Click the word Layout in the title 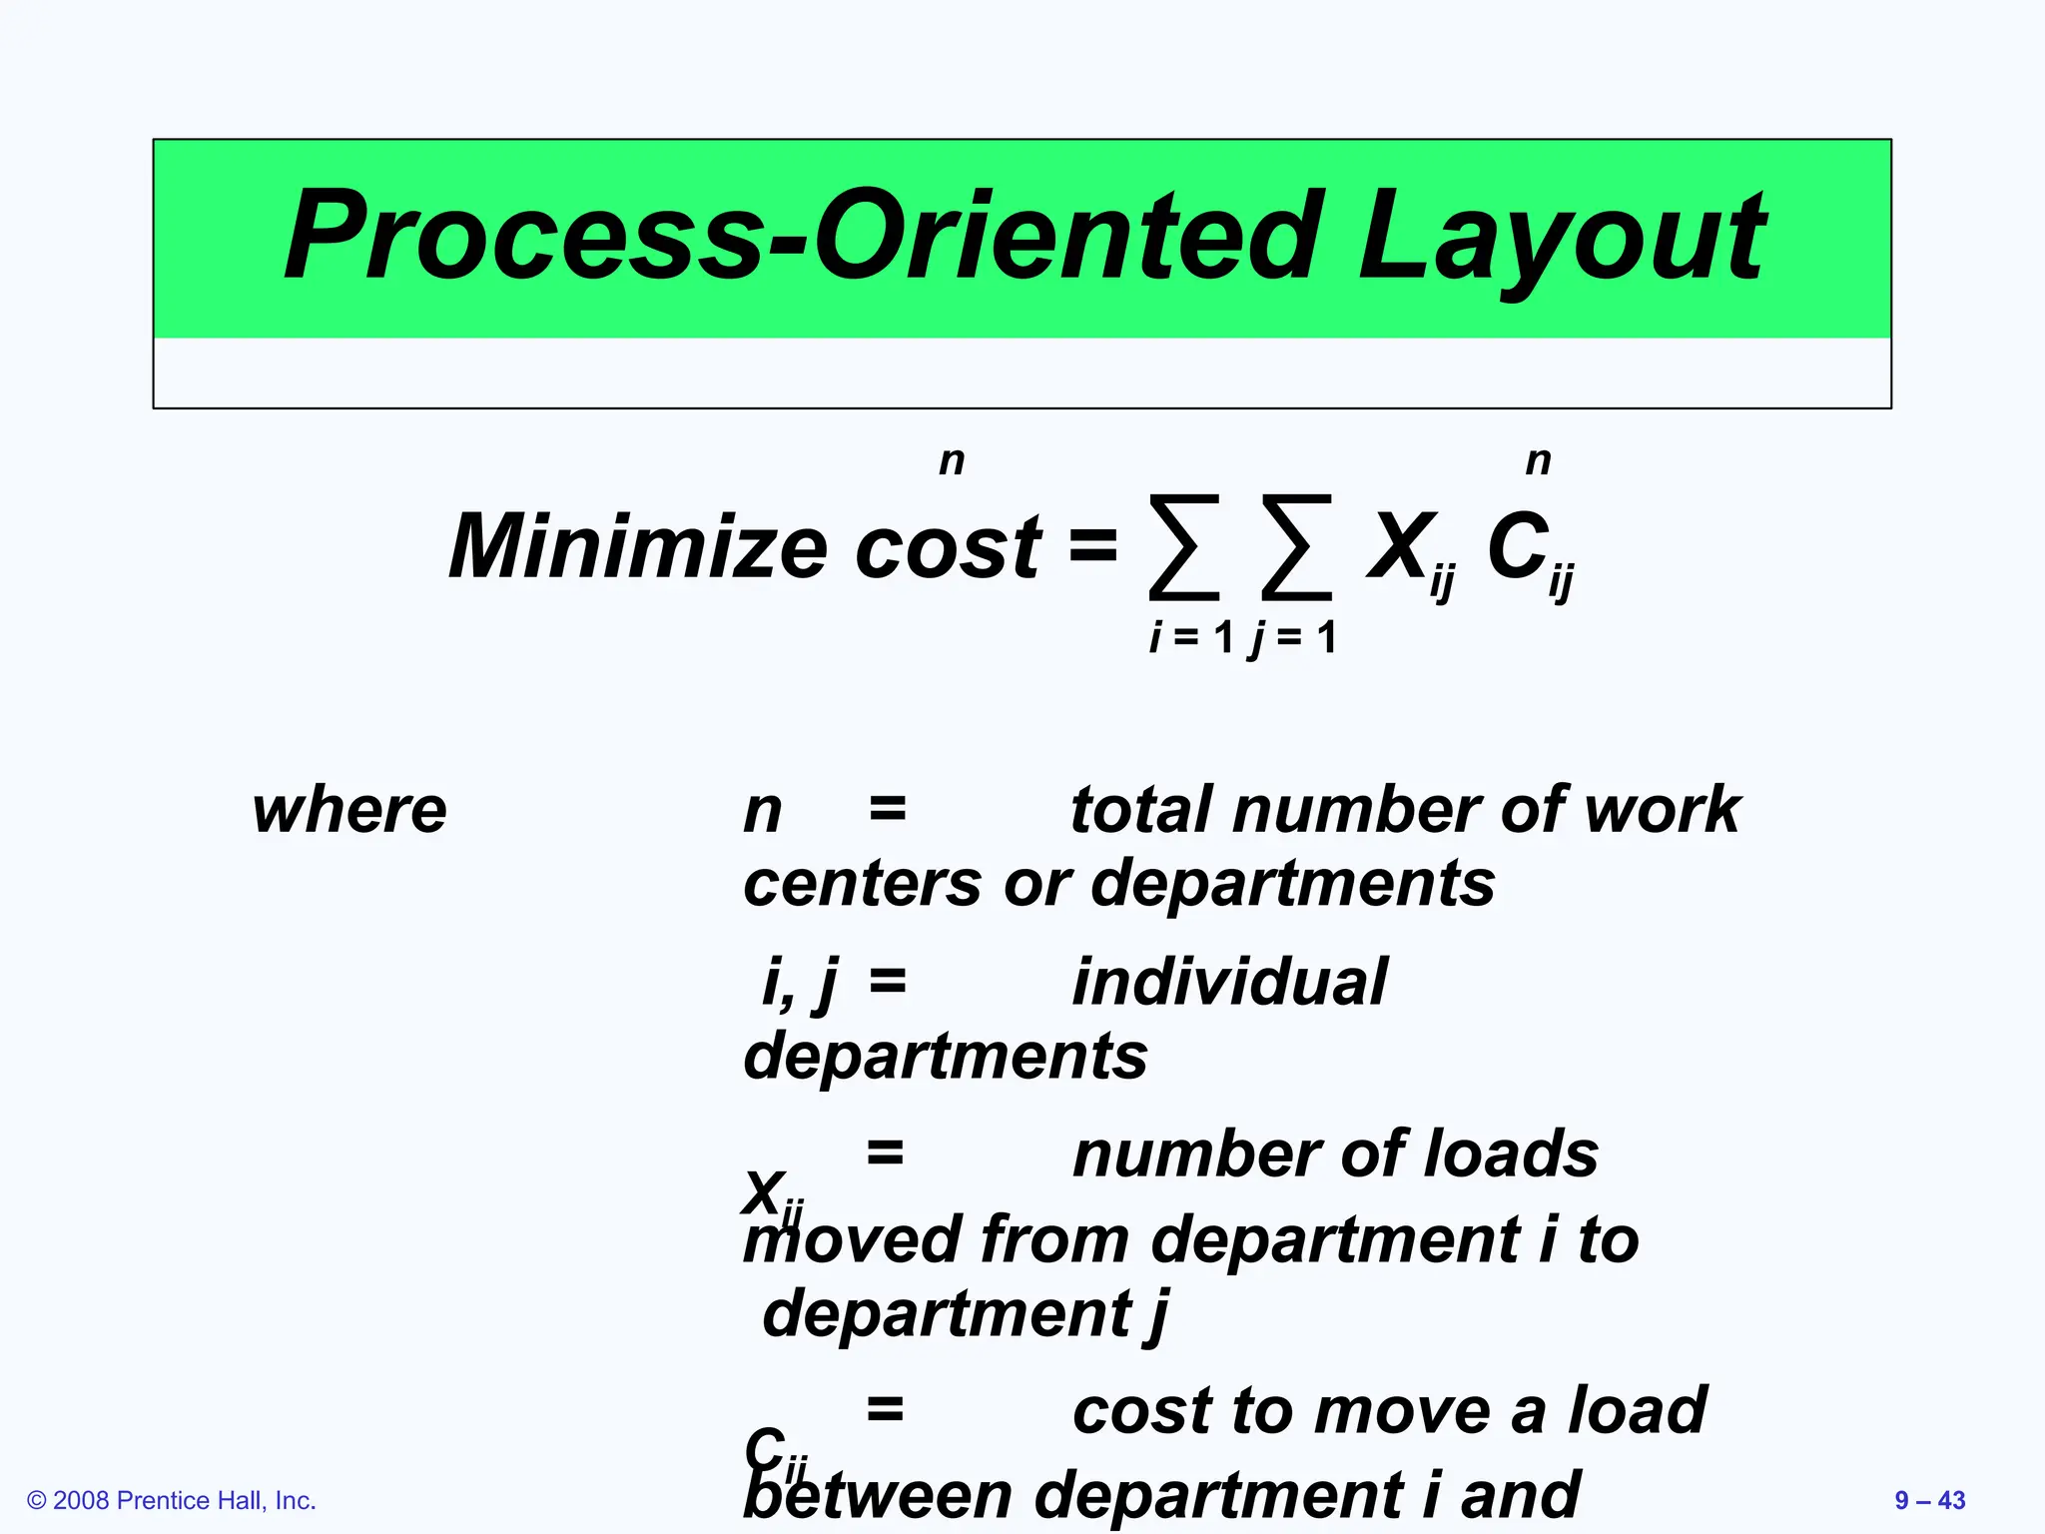(x=1562, y=238)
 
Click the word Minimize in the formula (x=637, y=546)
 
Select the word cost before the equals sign (x=948, y=548)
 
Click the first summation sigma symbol (x=1184, y=547)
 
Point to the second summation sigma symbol (x=1296, y=547)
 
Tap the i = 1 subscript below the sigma (x=1191, y=637)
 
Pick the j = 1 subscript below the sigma (x=1294, y=637)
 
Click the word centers (x=862, y=884)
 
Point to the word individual (x=1229, y=982)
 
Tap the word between (x=879, y=1496)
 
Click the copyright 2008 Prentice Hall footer (x=172, y=1500)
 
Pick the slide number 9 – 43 (x=1929, y=1500)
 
